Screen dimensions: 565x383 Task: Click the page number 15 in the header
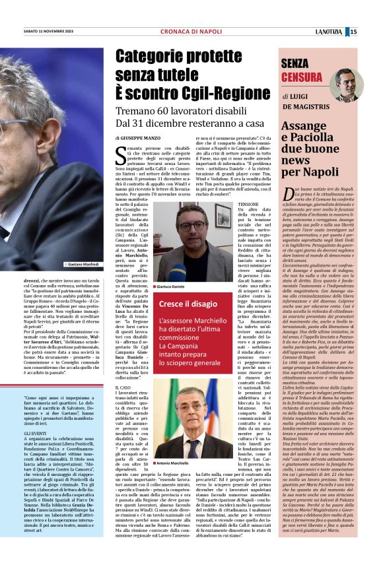pos(372,32)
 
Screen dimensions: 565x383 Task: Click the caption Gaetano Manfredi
pos(83,264)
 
